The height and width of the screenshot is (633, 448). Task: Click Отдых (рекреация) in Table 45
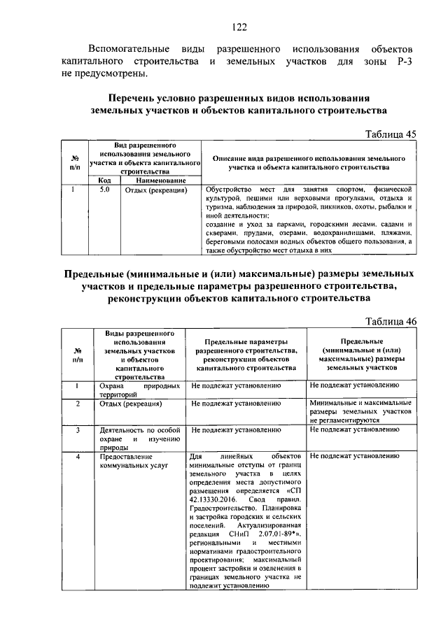click(155, 190)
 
